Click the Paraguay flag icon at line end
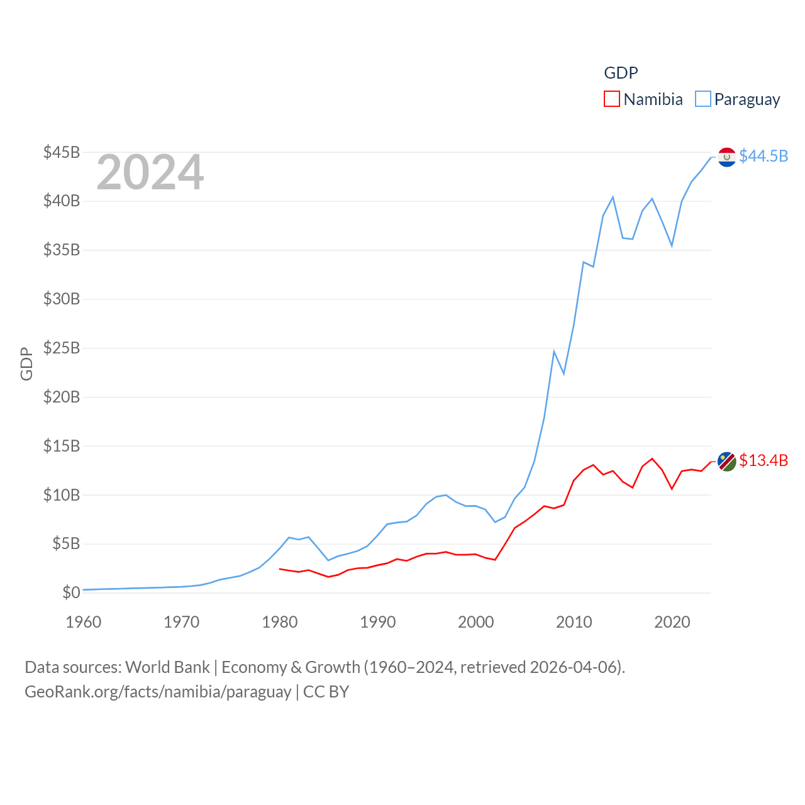pyautogui.click(x=727, y=157)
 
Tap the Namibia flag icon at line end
pyautogui.click(x=727, y=461)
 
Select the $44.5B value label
pyautogui.click(x=763, y=156)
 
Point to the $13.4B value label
pyautogui.click(x=763, y=460)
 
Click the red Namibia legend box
pyautogui.click(x=611, y=99)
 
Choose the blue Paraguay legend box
pyautogui.click(x=702, y=99)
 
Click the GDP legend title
pyautogui.click(x=621, y=73)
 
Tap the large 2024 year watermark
pyautogui.click(x=150, y=172)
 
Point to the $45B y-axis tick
pyautogui.click(x=62, y=152)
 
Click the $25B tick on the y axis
pyautogui.click(x=62, y=348)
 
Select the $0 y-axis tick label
pyautogui.click(x=71, y=592)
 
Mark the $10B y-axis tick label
pyautogui.click(x=62, y=495)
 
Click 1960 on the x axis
pyautogui.click(x=84, y=622)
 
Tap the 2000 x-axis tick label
pyautogui.click(x=476, y=622)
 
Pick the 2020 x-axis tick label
pyautogui.click(x=672, y=622)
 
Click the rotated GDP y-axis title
pyautogui.click(x=26, y=364)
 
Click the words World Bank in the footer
pyautogui.click(x=167, y=667)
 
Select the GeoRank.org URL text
pyautogui.click(x=158, y=692)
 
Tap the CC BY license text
pyautogui.click(x=326, y=692)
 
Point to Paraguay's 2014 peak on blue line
pyautogui.click(x=613, y=197)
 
